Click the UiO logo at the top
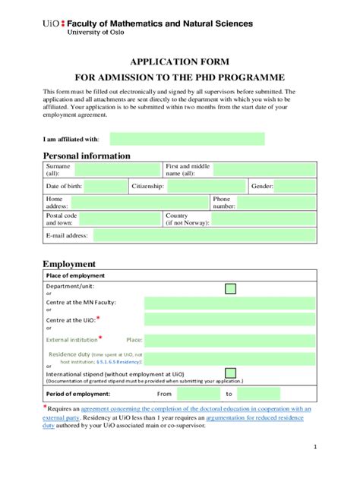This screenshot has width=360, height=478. pos(54,24)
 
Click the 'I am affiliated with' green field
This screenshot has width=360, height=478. pos(187,139)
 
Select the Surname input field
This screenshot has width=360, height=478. pos(115,169)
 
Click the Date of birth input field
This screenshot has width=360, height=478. pos(106,186)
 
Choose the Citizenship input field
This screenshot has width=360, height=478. pos(207,186)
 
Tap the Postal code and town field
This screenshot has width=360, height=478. pos(120,219)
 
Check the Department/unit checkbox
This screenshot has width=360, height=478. pos(231,288)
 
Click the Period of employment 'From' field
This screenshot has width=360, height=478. pos(197,395)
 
